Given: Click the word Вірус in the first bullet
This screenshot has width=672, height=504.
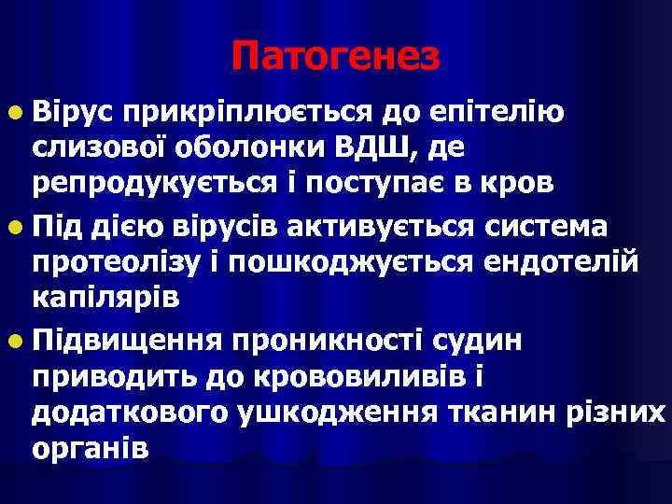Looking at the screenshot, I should click(x=72, y=114).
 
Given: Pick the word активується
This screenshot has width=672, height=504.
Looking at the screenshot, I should click(x=377, y=228).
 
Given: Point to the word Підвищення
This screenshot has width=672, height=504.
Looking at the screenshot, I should click(x=126, y=342).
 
